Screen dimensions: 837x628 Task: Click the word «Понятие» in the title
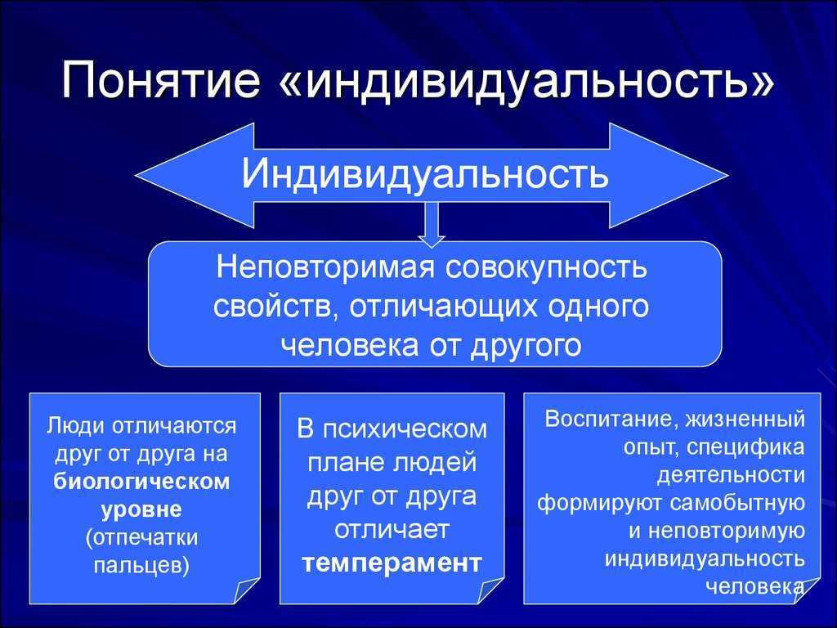pyautogui.click(x=161, y=80)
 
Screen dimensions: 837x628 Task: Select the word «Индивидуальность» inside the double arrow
pyautogui.click(x=425, y=173)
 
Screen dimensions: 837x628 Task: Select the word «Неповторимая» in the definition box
pyautogui.click(x=325, y=267)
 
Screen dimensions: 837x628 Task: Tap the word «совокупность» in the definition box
pyautogui.click(x=545, y=267)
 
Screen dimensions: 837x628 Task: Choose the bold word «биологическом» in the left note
pyautogui.click(x=141, y=481)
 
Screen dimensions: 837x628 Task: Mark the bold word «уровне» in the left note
pyautogui.click(x=141, y=509)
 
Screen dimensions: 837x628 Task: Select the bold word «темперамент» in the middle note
pyautogui.click(x=392, y=563)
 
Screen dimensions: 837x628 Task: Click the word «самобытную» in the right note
pyautogui.click(x=737, y=503)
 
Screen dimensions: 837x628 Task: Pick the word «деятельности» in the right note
pyautogui.click(x=730, y=475)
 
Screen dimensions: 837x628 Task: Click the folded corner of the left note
pyautogui.click(x=246, y=590)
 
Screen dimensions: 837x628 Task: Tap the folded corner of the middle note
pyautogui.click(x=490, y=590)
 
